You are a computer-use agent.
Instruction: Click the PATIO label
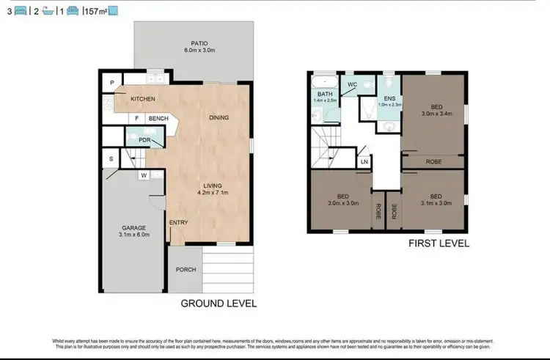(194, 43)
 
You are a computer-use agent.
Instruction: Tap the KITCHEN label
(143, 98)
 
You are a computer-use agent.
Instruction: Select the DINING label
(219, 117)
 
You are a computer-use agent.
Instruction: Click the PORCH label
(186, 269)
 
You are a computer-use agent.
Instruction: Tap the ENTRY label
(178, 222)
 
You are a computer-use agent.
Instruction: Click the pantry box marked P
(112, 83)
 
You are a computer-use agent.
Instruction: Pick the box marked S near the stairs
(111, 158)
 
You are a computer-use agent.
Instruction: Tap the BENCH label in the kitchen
(158, 119)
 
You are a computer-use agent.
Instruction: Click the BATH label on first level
(325, 95)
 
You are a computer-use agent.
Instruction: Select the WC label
(352, 84)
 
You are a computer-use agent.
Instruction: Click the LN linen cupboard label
(364, 161)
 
